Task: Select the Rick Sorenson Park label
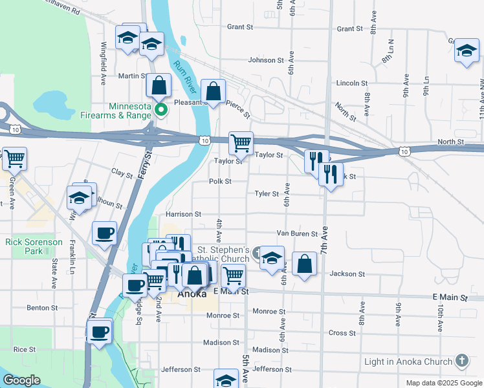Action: pyautogui.click(x=34, y=246)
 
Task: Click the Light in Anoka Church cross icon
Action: pyautogui.click(x=461, y=360)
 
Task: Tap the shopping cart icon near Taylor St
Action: pyautogui.click(x=241, y=142)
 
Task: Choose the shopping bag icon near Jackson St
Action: pyautogui.click(x=304, y=263)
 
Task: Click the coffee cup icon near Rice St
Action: pyautogui.click(x=99, y=332)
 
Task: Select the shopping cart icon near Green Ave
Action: pyautogui.click(x=14, y=158)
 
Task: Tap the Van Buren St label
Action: pyautogui.click(x=297, y=233)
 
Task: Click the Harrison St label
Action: pyautogui.click(x=184, y=214)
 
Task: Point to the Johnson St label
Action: pyautogui.click(x=267, y=60)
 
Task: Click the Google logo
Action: pyautogui.click(x=22, y=380)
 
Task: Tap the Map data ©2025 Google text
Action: pyautogui.click(x=443, y=383)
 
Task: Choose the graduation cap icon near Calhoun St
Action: pyautogui.click(x=79, y=197)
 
